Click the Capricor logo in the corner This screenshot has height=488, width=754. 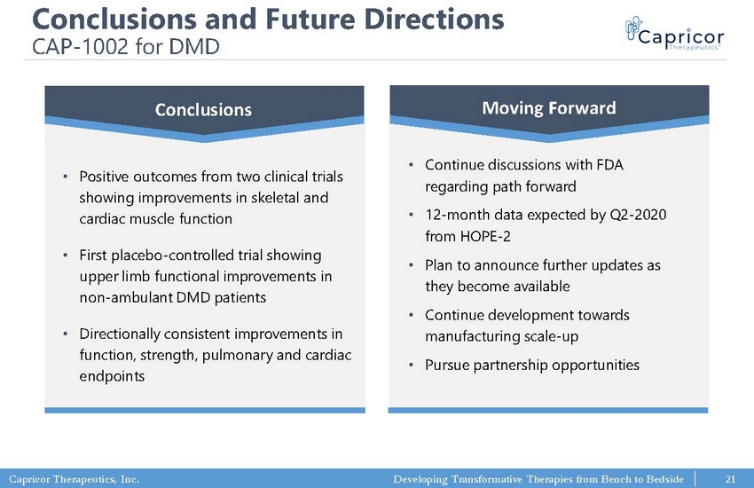pos(675,33)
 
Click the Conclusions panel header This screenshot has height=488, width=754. pos(204,110)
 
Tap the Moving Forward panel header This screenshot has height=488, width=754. pos(549,108)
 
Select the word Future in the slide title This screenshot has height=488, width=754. pos(310,20)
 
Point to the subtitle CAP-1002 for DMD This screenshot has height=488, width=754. pos(126,47)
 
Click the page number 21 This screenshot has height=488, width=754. pos(730,479)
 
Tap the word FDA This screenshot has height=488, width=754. pos(609,165)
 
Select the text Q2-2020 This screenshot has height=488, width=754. pos(638,215)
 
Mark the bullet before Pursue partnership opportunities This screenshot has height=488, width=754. pos(411,366)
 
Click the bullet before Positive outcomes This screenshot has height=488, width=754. pos(66,177)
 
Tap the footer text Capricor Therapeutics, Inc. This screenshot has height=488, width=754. pos(74,479)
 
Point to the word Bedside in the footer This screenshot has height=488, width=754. pos(665,479)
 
